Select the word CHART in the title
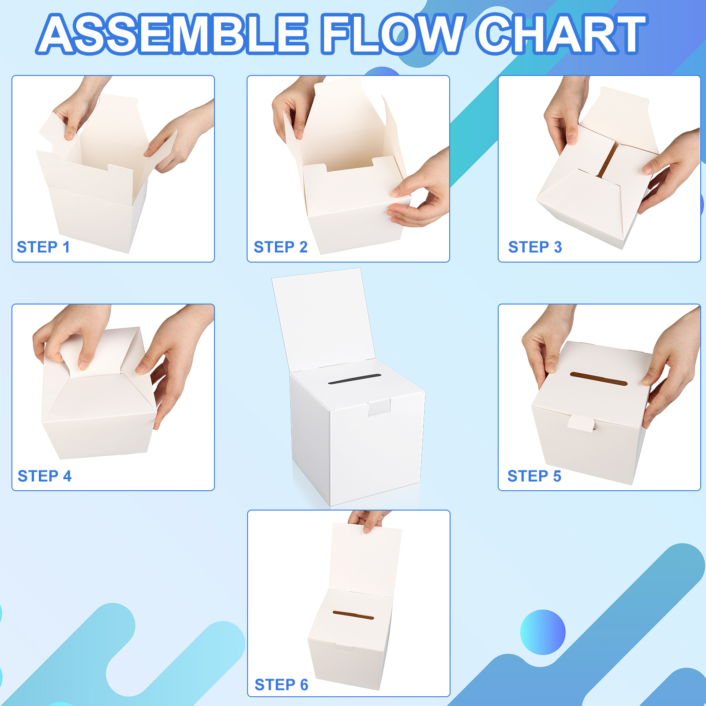coord(562,34)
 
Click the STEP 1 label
coord(43,247)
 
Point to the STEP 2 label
coord(281,247)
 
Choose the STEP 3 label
coord(535,247)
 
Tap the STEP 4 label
coord(45,476)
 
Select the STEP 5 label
coord(534,476)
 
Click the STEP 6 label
coord(282,685)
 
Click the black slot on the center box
coord(355,379)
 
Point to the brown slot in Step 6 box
coord(353,615)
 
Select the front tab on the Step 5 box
coord(581,424)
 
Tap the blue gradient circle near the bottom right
coord(543,632)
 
